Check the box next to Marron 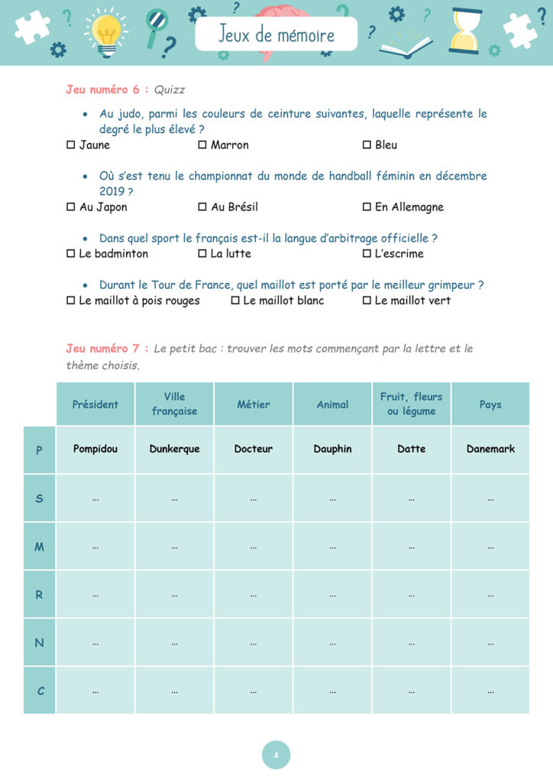[x=202, y=145]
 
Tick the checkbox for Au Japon [x=71, y=206]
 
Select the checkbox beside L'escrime [x=367, y=253]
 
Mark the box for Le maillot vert [x=367, y=301]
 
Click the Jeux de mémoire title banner [x=276, y=35]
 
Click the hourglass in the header [x=465, y=31]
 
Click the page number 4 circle [x=276, y=755]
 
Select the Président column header [x=95, y=404]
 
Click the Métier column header [x=253, y=404]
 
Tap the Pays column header [x=490, y=404]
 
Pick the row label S [x=40, y=499]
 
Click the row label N [x=40, y=642]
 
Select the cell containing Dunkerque [x=174, y=449]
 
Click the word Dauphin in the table [x=332, y=449]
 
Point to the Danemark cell [x=490, y=449]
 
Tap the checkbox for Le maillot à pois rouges [x=71, y=301]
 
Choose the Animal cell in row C [x=332, y=690]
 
